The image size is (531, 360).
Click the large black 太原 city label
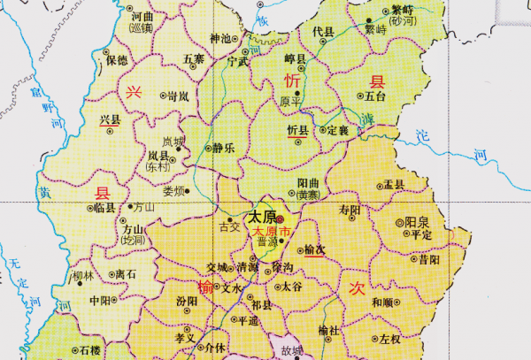coord(259,217)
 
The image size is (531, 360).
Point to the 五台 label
coord(375,96)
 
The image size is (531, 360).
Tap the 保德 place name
coord(116,60)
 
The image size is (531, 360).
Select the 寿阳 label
coord(350,210)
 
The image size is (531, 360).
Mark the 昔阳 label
coord(428,261)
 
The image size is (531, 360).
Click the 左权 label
coord(389,338)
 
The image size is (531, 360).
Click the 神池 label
coord(219,38)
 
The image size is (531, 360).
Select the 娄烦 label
coord(174,190)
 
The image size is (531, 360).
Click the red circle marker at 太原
coord(279,218)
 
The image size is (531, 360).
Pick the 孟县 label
coord(393,184)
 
